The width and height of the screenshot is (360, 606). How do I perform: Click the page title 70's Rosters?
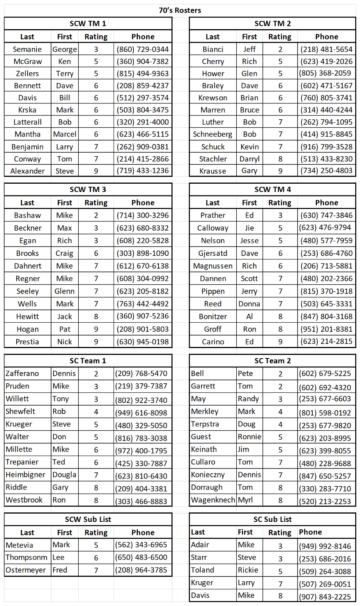click(180, 10)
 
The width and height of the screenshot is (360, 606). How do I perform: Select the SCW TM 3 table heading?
click(88, 189)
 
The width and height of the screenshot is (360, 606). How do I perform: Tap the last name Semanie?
click(27, 49)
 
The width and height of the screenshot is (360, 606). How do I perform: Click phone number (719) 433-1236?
click(143, 171)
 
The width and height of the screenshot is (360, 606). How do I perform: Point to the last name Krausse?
click(213, 171)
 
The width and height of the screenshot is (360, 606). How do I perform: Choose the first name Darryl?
click(249, 159)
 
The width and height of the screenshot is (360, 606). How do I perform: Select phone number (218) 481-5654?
click(326, 49)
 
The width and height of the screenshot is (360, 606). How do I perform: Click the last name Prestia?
click(27, 342)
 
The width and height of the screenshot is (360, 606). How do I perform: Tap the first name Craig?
click(64, 253)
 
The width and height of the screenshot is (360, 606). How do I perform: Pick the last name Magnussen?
click(213, 266)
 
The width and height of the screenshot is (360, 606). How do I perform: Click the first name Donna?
click(249, 304)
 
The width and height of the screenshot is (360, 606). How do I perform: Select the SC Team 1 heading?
click(88, 361)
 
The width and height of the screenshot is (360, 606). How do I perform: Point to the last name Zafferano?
click(22, 373)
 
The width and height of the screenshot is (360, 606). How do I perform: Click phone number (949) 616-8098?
click(141, 413)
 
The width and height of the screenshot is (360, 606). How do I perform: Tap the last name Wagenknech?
click(213, 500)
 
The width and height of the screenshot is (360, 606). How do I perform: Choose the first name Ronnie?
click(249, 437)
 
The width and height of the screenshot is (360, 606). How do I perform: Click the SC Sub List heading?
click(273, 519)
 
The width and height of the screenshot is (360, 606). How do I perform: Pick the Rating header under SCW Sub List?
click(96, 533)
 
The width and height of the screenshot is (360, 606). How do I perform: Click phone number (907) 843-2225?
click(325, 597)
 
